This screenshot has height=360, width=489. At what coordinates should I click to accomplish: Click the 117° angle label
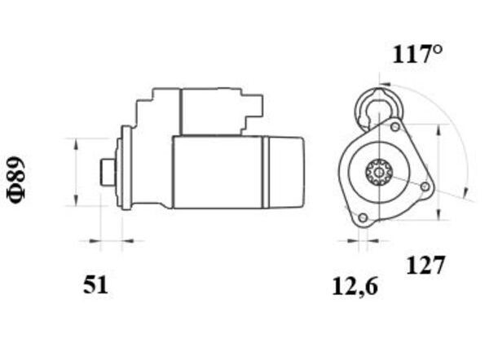[417, 55]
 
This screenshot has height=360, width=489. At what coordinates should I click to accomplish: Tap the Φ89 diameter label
[16, 180]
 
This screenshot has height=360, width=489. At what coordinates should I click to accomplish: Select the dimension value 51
[95, 285]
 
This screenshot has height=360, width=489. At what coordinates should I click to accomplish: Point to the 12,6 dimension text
[355, 287]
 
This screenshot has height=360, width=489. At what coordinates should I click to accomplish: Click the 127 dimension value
[425, 266]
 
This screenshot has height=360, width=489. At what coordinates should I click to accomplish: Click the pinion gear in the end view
[379, 172]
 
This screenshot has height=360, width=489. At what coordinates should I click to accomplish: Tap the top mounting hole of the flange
[395, 127]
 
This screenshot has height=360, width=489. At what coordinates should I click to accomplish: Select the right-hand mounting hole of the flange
[425, 187]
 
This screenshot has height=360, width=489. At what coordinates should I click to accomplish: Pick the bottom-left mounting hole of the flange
[363, 217]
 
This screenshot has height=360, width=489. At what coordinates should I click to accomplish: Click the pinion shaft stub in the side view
[108, 172]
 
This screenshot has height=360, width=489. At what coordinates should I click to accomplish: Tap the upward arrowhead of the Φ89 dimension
[75, 144]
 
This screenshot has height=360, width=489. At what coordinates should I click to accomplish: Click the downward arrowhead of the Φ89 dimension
[75, 200]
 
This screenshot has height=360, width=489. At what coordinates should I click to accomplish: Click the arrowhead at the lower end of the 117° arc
[466, 192]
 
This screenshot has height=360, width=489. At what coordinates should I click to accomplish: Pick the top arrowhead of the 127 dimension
[438, 130]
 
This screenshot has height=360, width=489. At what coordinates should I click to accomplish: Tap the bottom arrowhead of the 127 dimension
[438, 214]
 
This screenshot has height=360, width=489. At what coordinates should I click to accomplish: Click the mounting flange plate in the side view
[126, 168]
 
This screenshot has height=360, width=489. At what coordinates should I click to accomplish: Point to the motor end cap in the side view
[284, 172]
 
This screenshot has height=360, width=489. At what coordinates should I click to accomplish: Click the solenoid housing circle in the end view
[379, 108]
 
